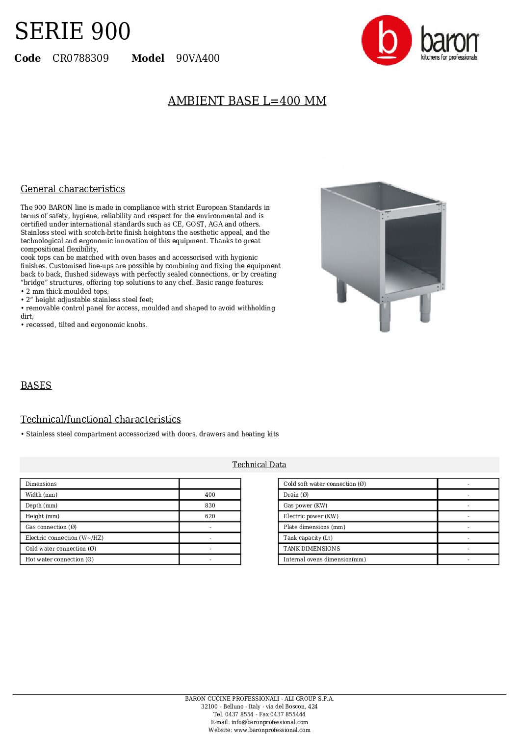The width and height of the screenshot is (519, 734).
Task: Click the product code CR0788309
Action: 80,58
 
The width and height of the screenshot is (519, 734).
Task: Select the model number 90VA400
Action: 198,58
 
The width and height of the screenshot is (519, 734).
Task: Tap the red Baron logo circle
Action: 387,40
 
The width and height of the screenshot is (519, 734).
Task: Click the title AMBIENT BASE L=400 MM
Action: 247,101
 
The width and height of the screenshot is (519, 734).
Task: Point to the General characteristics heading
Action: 73,189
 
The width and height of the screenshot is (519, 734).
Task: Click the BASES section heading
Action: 36,386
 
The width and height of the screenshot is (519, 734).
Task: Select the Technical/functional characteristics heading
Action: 101,420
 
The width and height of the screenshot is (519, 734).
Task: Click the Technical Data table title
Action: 259,465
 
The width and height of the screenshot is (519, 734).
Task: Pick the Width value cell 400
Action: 210,495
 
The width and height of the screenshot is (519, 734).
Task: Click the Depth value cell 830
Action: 210,506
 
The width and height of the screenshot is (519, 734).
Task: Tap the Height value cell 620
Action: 210,516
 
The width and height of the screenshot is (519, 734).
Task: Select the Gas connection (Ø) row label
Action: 51,527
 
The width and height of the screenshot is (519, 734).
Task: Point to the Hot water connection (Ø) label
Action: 59,559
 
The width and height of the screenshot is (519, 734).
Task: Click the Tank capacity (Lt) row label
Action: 308,538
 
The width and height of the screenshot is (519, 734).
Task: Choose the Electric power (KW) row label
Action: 311,516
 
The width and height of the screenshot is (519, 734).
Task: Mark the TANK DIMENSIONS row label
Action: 311,549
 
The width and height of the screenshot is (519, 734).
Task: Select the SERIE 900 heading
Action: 73,31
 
